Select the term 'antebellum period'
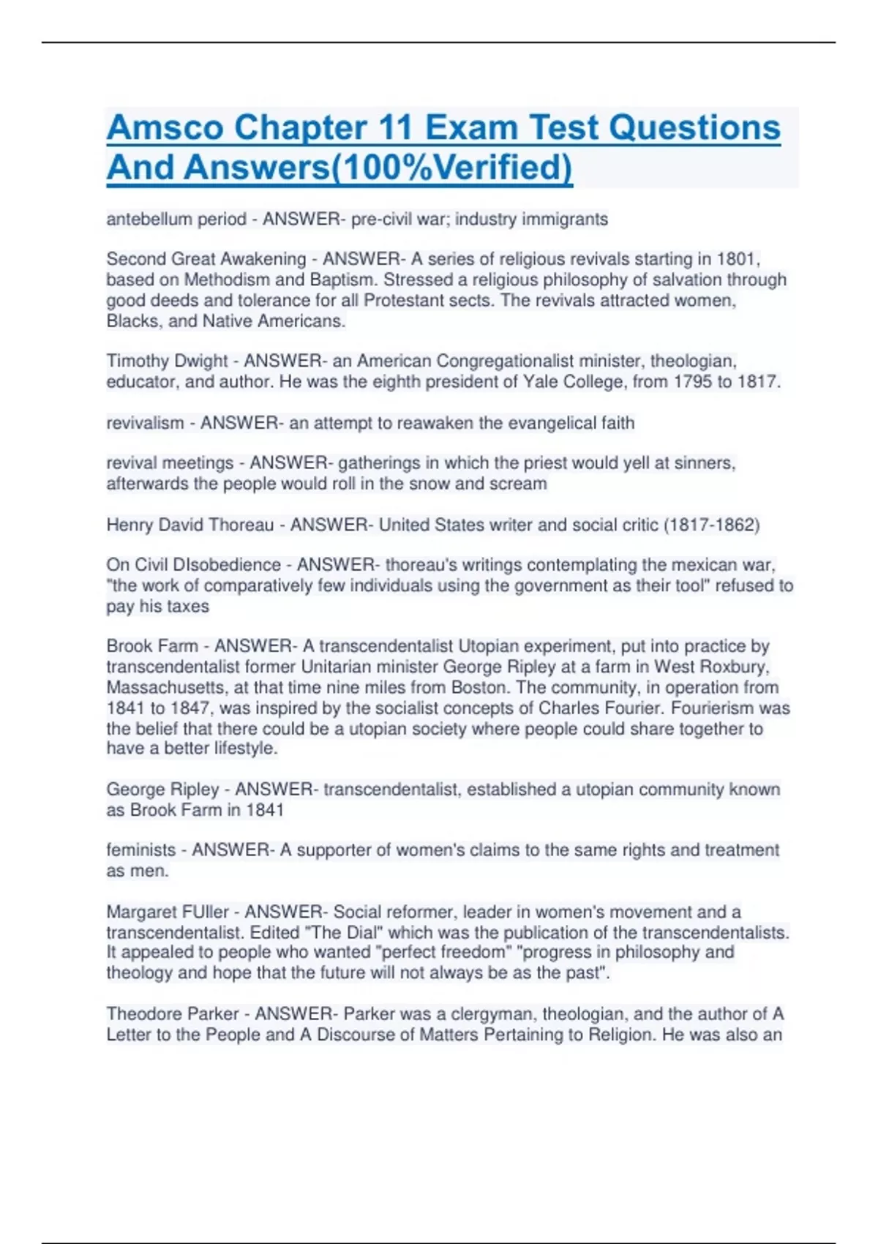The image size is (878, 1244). click(x=176, y=220)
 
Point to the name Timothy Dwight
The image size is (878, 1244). click(x=168, y=361)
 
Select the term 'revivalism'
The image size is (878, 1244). click(x=145, y=423)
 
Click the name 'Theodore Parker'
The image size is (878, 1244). click(x=173, y=1014)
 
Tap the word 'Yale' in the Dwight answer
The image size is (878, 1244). click(x=539, y=382)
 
